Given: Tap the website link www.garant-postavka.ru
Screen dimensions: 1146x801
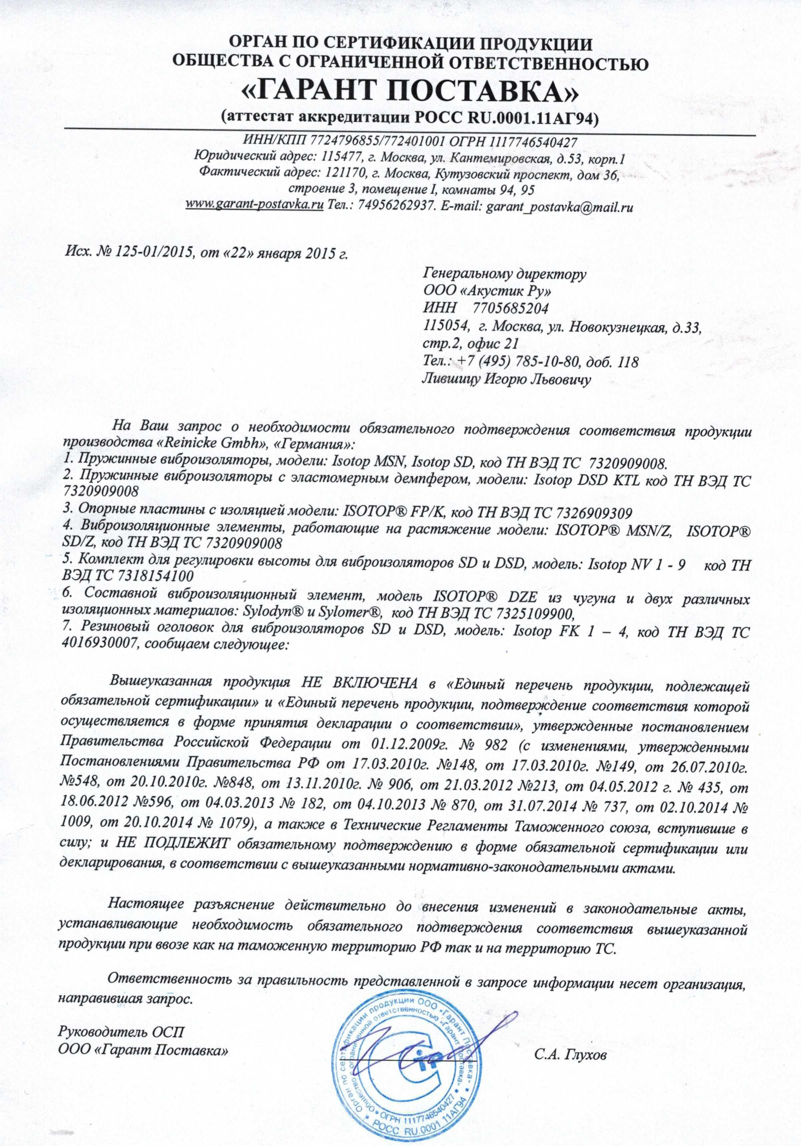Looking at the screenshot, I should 254,207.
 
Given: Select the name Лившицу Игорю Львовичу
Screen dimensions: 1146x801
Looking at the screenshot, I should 506,379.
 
